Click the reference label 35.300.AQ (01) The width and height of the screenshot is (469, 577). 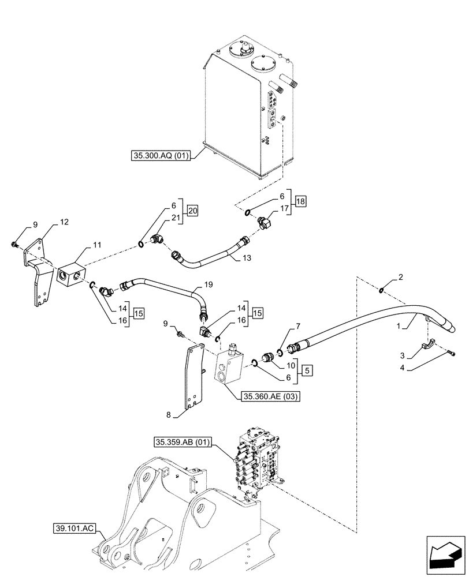(163, 155)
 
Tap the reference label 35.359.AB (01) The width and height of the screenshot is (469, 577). (184, 443)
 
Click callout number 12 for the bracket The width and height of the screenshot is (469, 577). (64, 222)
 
